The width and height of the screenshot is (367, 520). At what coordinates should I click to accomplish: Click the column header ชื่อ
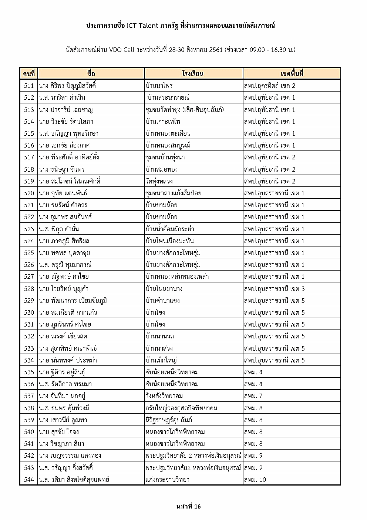[x=91, y=73]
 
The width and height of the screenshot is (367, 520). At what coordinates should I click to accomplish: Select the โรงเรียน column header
[x=193, y=73]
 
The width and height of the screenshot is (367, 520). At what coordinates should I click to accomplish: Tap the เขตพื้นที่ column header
[x=292, y=73]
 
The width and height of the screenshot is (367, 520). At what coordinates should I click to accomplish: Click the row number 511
[x=29, y=86]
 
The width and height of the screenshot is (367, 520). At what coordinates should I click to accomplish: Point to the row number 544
[x=29, y=480]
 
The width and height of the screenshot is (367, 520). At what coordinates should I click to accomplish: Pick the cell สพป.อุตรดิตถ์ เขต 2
[x=270, y=86]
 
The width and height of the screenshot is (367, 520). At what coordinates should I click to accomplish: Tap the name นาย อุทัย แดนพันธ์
[x=63, y=193]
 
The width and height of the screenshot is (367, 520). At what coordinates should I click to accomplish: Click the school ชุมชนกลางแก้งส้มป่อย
[x=174, y=193]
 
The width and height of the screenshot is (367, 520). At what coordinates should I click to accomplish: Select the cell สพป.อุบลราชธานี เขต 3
[x=274, y=289]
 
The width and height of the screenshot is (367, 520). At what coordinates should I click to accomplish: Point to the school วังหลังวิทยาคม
[x=164, y=396]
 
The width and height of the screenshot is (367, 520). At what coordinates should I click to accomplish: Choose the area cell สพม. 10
[x=255, y=480]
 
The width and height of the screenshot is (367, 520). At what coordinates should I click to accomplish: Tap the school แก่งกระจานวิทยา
[x=168, y=480]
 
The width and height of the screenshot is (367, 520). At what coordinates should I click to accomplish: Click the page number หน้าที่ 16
[x=188, y=506]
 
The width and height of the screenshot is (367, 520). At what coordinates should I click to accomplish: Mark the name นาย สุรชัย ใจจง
[x=59, y=432]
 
